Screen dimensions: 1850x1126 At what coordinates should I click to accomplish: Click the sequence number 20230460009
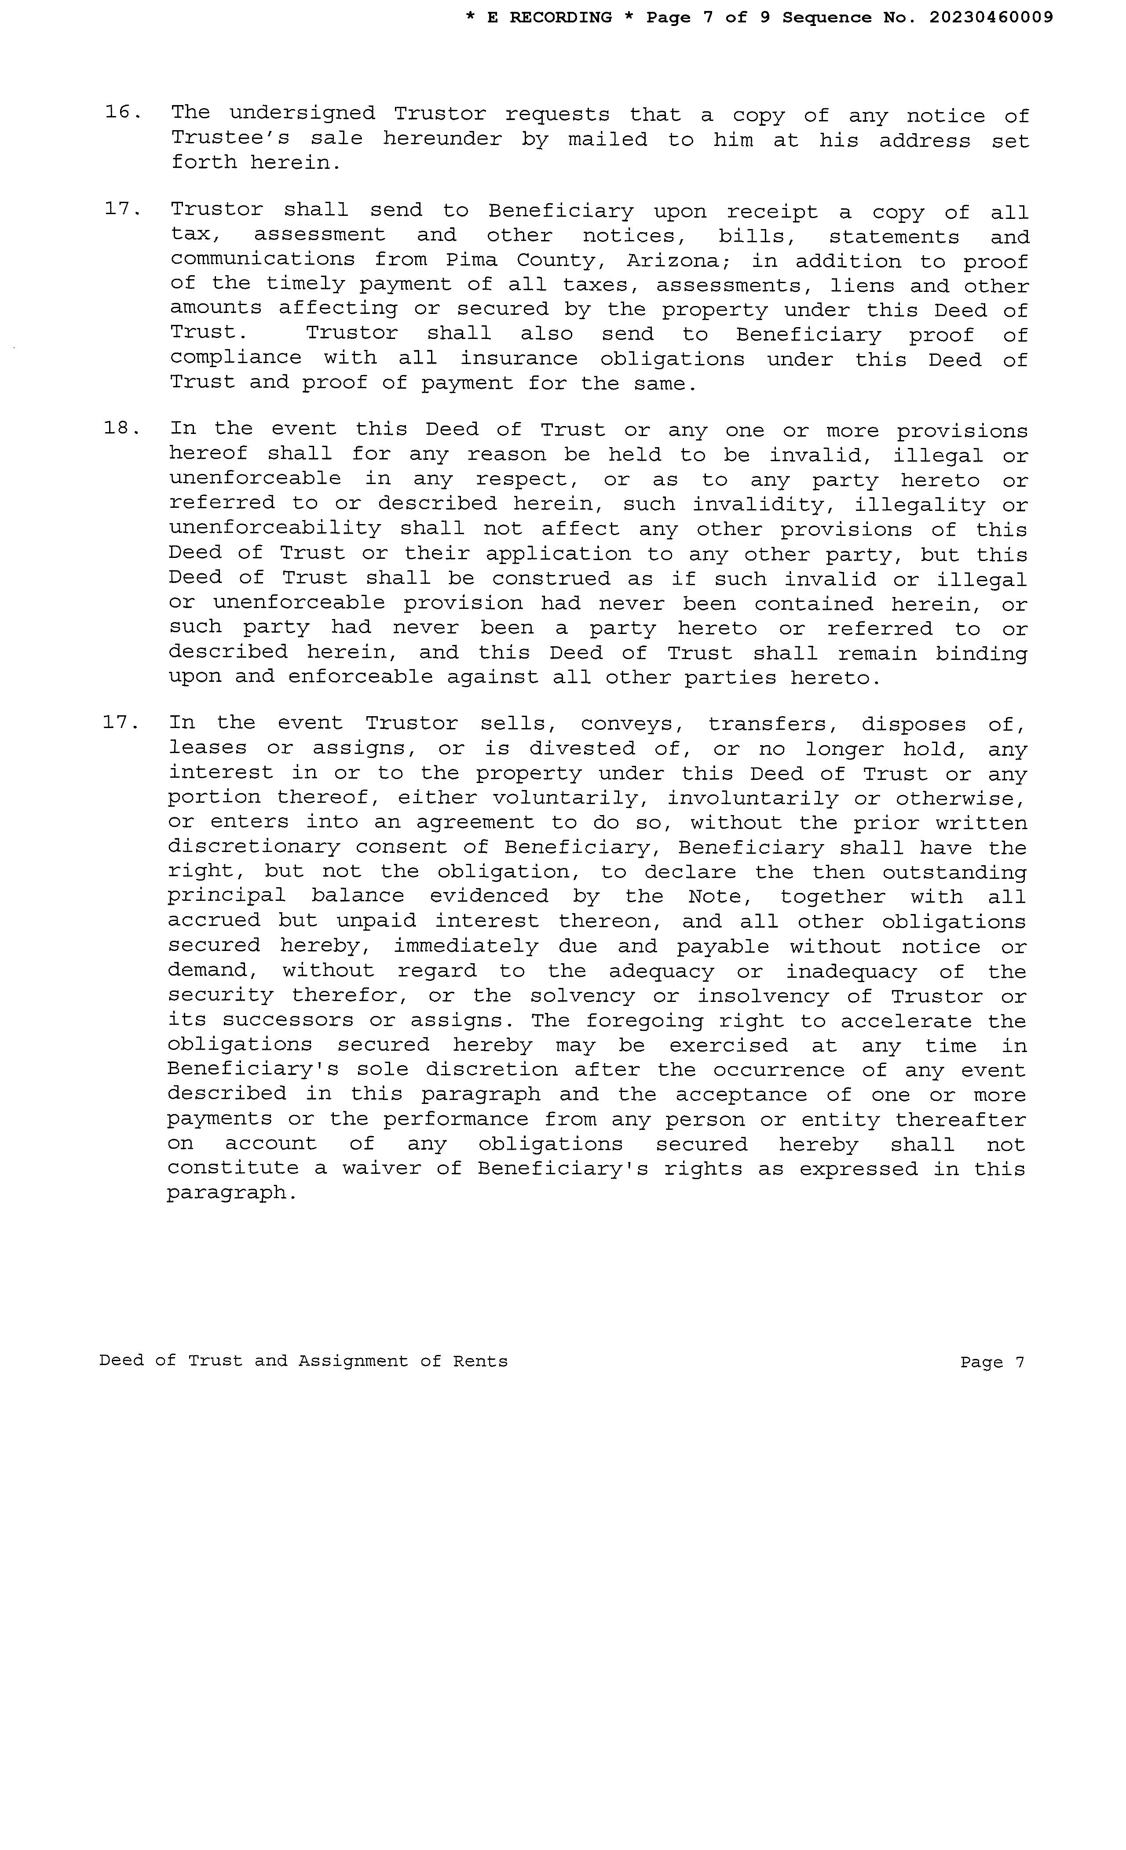(991, 17)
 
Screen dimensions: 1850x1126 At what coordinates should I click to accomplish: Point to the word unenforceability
(275, 528)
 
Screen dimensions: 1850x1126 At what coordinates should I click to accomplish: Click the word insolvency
(762, 996)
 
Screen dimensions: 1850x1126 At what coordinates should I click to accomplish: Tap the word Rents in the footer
(480, 1361)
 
